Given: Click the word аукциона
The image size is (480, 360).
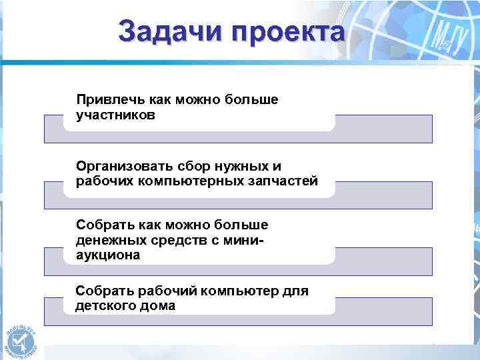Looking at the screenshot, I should (108, 255).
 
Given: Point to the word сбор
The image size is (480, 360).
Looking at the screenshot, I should (193, 165).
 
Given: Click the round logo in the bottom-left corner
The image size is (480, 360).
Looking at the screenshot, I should (20, 337).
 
